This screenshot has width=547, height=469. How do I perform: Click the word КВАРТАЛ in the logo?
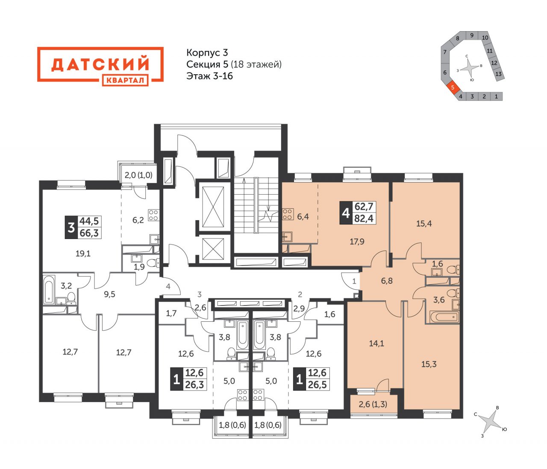tap(125, 80)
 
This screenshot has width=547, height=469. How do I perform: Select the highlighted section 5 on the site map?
tap(453, 87)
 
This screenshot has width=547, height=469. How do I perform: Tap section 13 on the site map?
tap(498, 74)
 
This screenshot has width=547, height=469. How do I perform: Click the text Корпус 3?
tap(207, 52)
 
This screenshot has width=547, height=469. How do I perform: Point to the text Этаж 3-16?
tap(209, 76)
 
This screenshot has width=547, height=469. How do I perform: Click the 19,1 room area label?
tap(83, 253)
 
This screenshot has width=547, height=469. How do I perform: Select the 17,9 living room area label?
tap(357, 242)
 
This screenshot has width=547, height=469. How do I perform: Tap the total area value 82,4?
tap(364, 218)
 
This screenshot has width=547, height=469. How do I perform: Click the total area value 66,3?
tap(89, 233)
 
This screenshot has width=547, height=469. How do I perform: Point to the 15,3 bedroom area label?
tap(429, 364)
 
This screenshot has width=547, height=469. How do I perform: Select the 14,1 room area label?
tap(376, 344)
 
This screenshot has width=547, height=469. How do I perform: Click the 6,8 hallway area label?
tap(387, 281)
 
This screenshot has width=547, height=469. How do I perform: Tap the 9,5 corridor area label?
tap(109, 294)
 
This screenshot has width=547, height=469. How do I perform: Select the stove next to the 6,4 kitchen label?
tap(288, 214)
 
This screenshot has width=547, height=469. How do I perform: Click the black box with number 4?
tap(346, 213)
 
